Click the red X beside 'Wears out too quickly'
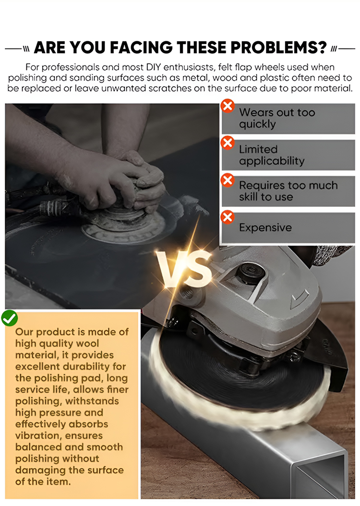228,106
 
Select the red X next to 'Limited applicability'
228,143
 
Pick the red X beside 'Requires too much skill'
228,180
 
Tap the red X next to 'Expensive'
228,217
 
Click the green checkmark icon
10,318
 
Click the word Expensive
265,228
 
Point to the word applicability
272,161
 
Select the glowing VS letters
183,269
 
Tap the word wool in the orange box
86,343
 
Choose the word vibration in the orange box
36,435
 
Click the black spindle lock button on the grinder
252,273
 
